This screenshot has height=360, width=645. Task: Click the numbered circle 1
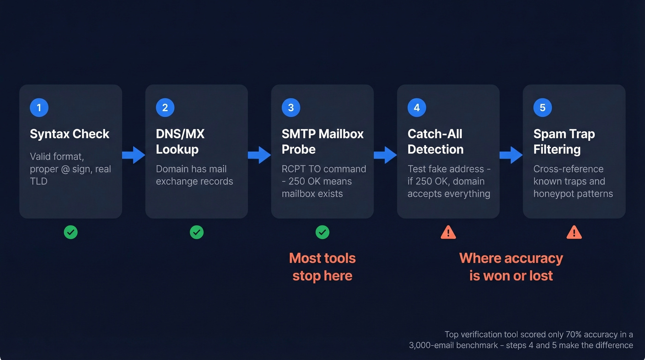39,108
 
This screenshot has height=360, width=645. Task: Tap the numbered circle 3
291,108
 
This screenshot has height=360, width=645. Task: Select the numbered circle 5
542,108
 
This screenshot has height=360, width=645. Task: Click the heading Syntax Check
70,134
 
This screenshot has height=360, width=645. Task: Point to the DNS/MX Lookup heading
180,142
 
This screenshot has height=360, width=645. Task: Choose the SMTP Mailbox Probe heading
322,142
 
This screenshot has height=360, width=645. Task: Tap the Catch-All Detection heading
435,142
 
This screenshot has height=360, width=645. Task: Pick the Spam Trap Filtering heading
564,142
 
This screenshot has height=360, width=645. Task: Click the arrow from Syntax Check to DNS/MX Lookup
134,155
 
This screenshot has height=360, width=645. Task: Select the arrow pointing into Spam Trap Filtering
511,155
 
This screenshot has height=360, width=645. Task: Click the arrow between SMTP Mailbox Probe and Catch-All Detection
385,155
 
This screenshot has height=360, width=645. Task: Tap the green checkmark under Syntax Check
70,232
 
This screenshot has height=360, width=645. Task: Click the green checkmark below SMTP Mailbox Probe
322,232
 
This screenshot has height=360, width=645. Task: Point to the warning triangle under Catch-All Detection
448,232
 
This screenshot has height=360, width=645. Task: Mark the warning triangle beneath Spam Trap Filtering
574,232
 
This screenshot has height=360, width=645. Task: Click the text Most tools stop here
322,267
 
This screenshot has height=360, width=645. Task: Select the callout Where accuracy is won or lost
511,267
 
